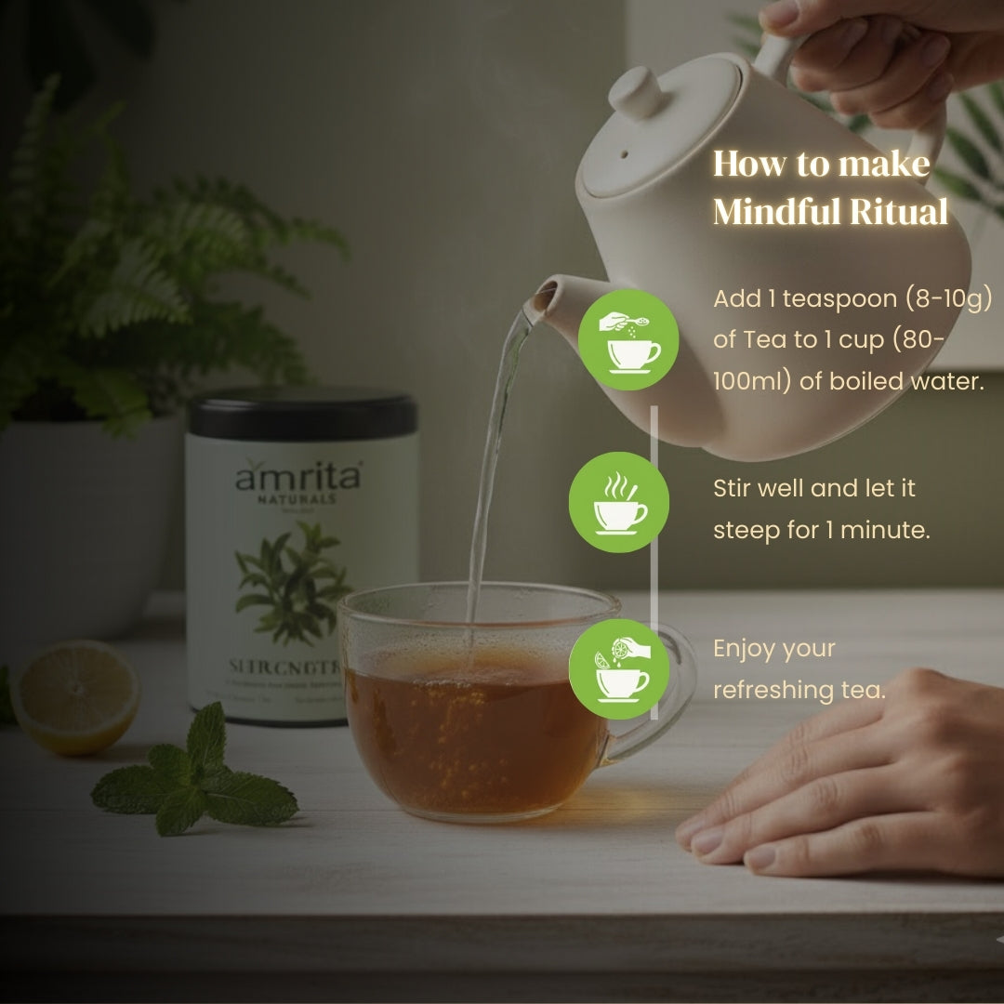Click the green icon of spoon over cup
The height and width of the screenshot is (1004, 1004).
628,339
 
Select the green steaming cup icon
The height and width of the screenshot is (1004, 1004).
619,502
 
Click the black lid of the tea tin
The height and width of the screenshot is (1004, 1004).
301,414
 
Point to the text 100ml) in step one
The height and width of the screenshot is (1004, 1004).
750,381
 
